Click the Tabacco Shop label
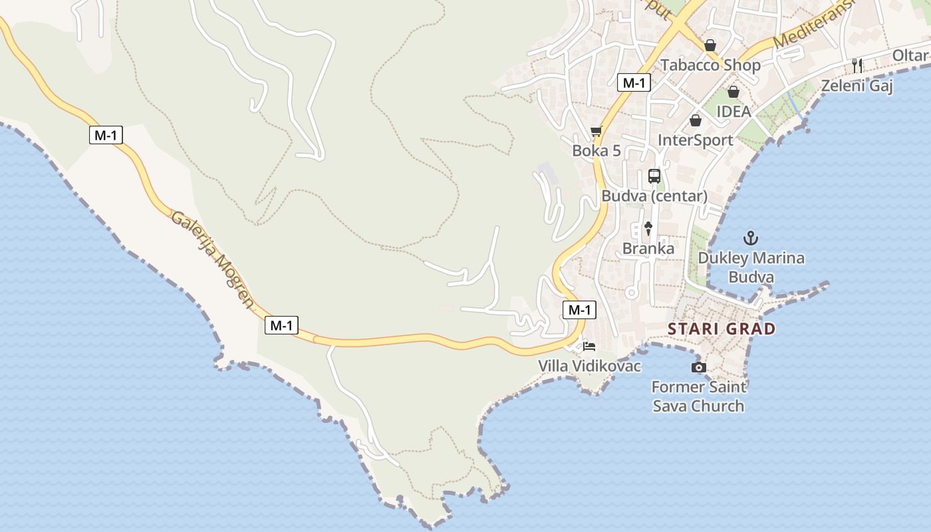coord(710,65)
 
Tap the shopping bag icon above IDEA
coord(733,92)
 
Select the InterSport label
coord(695,140)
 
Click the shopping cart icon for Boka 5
coord(596,132)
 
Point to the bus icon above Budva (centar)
coord(654,176)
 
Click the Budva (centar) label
coord(654,196)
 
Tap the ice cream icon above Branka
coord(648,229)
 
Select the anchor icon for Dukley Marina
coord(751,237)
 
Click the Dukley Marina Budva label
coord(751,267)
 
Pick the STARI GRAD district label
coord(722,329)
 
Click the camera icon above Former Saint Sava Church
coord(698,367)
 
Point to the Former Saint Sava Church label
coord(698,396)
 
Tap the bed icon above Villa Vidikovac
coord(589,346)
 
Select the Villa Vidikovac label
coord(589,366)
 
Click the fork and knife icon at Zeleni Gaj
coord(857,65)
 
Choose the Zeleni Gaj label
coord(857,86)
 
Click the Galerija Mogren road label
coord(213,259)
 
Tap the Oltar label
coord(910,55)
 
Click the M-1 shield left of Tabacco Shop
coord(634,82)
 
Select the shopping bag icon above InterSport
coord(696,120)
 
